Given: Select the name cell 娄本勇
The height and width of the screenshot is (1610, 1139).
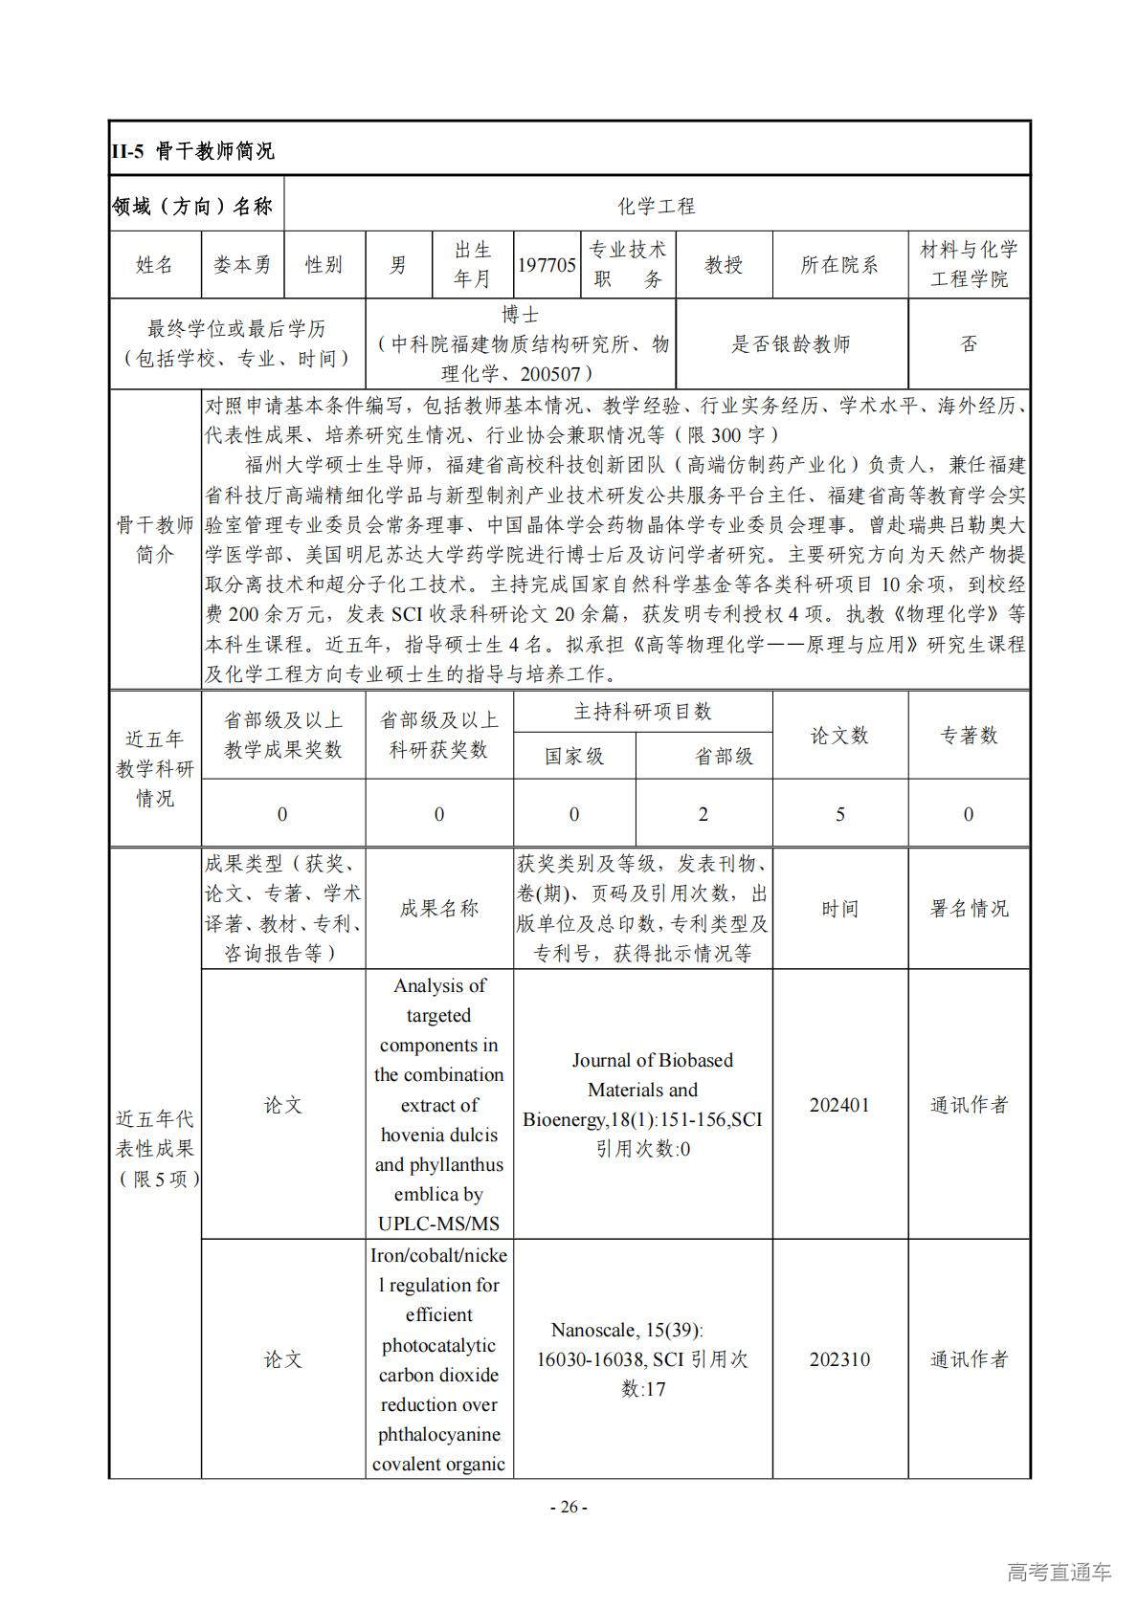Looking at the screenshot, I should (x=242, y=265).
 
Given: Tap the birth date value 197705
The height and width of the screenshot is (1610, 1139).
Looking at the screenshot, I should (x=547, y=265).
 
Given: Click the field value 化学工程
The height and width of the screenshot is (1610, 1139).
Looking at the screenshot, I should (x=656, y=206).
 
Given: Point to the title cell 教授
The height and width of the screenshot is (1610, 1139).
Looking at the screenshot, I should (x=724, y=265).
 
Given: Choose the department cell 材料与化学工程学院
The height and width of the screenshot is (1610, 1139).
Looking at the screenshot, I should (x=969, y=265).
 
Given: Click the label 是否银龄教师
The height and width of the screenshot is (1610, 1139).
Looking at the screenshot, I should (x=791, y=344).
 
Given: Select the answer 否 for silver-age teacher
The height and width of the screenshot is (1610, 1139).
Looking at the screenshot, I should (x=969, y=344).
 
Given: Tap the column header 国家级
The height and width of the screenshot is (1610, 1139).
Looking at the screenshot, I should (x=574, y=757).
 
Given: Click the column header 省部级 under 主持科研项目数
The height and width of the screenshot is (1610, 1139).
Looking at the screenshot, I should (x=724, y=757).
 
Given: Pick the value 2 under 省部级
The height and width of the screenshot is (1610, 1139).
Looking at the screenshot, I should (x=703, y=814).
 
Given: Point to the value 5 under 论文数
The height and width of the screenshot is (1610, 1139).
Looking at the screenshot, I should (x=840, y=814).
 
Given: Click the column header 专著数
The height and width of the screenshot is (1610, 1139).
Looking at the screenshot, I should (x=969, y=735).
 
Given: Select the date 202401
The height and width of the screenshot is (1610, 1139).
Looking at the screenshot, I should (x=839, y=1105).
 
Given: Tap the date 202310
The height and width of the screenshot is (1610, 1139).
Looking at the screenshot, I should (x=839, y=1359).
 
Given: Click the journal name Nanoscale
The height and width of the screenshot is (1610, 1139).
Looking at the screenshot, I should (x=593, y=1330).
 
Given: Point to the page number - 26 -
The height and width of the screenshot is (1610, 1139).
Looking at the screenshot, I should (x=569, y=1508).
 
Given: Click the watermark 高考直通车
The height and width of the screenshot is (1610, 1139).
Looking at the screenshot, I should (x=1059, y=1572).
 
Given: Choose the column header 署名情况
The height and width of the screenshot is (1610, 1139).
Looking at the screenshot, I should (x=969, y=909).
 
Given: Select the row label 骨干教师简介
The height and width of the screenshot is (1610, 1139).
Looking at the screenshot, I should (x=155, y=540).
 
